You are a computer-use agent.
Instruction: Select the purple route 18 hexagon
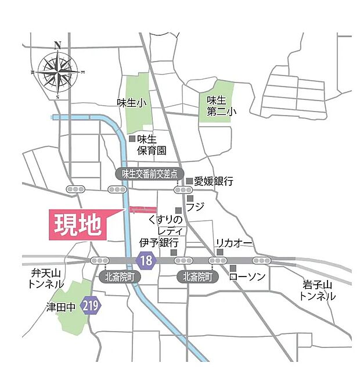[x=146, y=260]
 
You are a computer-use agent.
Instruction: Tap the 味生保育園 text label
[x=152, y=145]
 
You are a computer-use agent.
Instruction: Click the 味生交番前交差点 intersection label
[x=149, y=173]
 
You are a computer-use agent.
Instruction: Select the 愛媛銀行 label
[x=214, y=181]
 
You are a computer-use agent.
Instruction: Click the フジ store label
[x=196, y=206]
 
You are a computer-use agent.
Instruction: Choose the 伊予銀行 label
[x=159, y=242]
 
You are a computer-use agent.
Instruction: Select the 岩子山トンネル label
[x=318, y=290]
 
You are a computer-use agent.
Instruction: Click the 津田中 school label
[x=61, y=306]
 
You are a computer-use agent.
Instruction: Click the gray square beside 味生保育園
[x=132, y=139]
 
